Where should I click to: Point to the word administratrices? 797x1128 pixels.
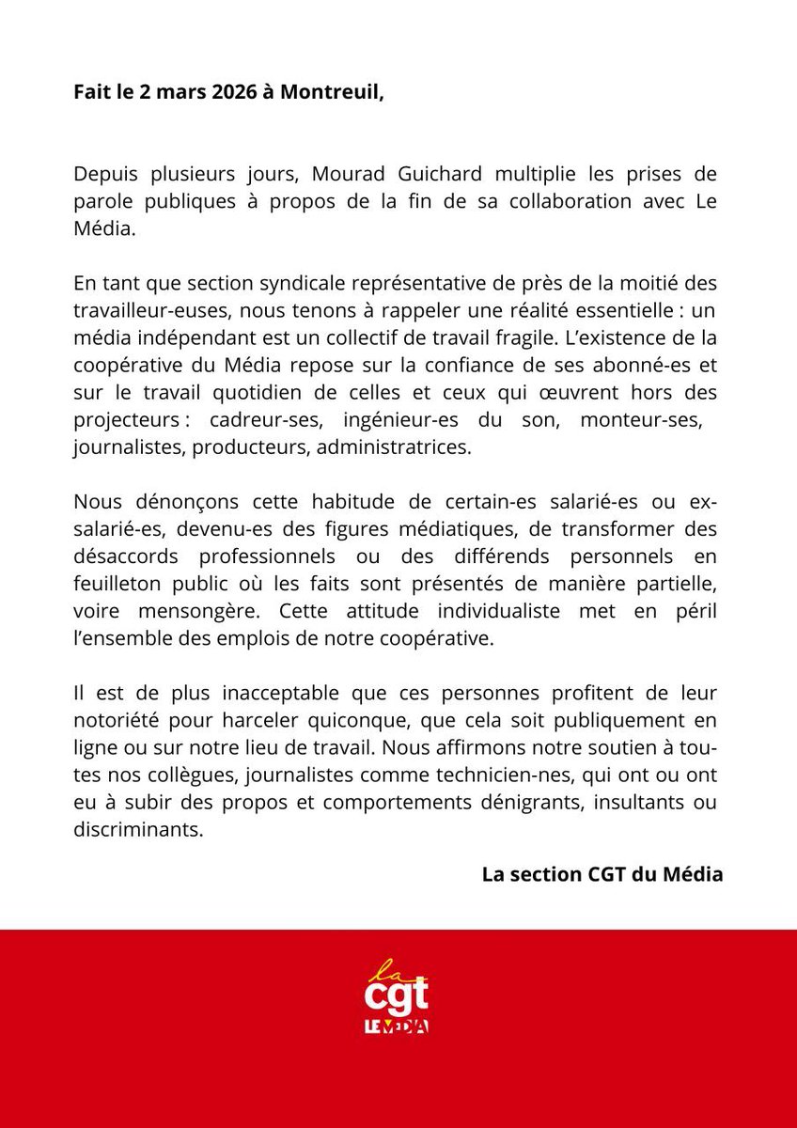pyautogui.click(x=392, y=448)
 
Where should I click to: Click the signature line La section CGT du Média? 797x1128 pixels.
pyautogui.click(x=602, y=873)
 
